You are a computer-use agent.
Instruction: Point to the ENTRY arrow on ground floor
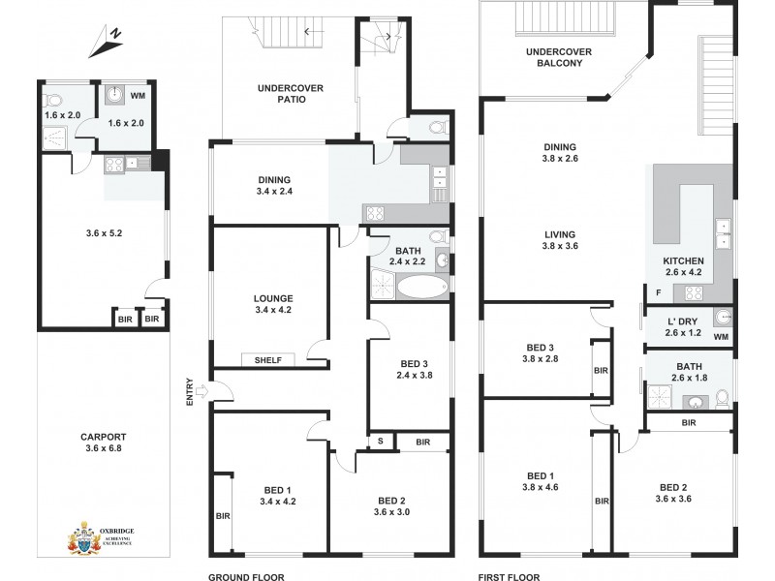tap(200, 391)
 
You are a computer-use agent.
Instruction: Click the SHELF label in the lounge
tap(268, 360)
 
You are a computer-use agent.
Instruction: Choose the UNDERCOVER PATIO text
tap(290, 94)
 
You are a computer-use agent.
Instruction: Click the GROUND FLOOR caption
tap(245, 575)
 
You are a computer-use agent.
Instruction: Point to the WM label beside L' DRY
tap(719, 337)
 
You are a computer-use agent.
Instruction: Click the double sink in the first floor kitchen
tap(722, 234)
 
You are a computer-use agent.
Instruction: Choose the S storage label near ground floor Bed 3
tap(382, 443)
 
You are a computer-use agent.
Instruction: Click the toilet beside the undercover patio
tap(434, 128)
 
